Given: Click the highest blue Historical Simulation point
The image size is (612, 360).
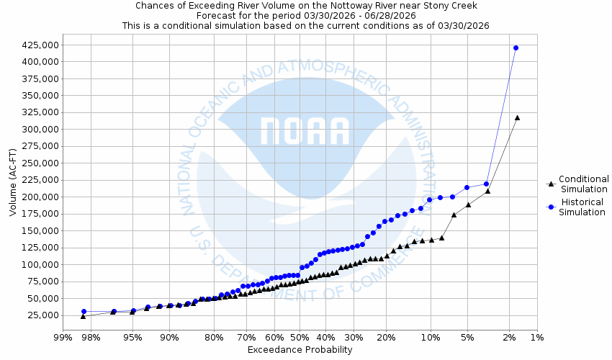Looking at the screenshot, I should pyautogui.click(x=516, y=48).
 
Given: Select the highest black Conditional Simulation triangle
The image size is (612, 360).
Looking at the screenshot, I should pyautogui.click(x=517, y=117).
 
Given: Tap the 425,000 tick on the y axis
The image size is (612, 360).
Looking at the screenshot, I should pyautogui.click(x=40, y=45).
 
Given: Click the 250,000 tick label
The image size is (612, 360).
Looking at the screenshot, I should pyautogui.click(x=40, y=163).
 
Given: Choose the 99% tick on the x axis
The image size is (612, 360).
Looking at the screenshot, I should pyautogui.click(x=63, y=337).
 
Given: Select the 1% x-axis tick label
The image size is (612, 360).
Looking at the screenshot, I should pyautogui.click(x=536, y=337).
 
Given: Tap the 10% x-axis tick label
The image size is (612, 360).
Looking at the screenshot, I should pyautogui.click(x=431, y=337).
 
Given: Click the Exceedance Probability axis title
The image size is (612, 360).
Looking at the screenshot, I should pyautogui.click(x=300, y=350).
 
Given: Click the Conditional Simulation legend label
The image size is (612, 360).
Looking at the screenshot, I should pyautogui.click(x=583, y=184).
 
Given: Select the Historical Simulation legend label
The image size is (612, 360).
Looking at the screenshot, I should pyautogui.click(x=583, y=207).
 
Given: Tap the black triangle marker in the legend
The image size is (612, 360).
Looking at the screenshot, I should pyautogui.click(x=551, y=184).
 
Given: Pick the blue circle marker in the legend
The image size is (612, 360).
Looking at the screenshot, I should pyautogui.click(x=551, y=207).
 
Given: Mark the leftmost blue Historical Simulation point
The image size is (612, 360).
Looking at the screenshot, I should pyautogui.click(x=84, y=312).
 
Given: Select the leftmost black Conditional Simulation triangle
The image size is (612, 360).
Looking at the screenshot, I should pyautogui.click(x=83, y=316).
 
